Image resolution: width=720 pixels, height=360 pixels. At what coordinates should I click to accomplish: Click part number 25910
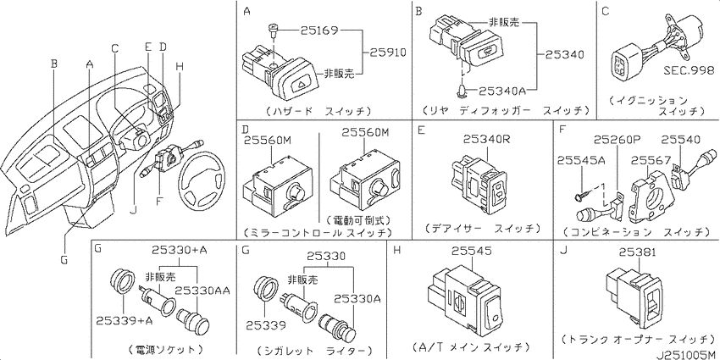(386, 53)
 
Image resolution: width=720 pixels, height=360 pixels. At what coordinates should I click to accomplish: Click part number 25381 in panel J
(640, 252)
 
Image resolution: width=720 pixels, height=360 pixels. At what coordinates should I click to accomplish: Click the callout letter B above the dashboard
(54, 63)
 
